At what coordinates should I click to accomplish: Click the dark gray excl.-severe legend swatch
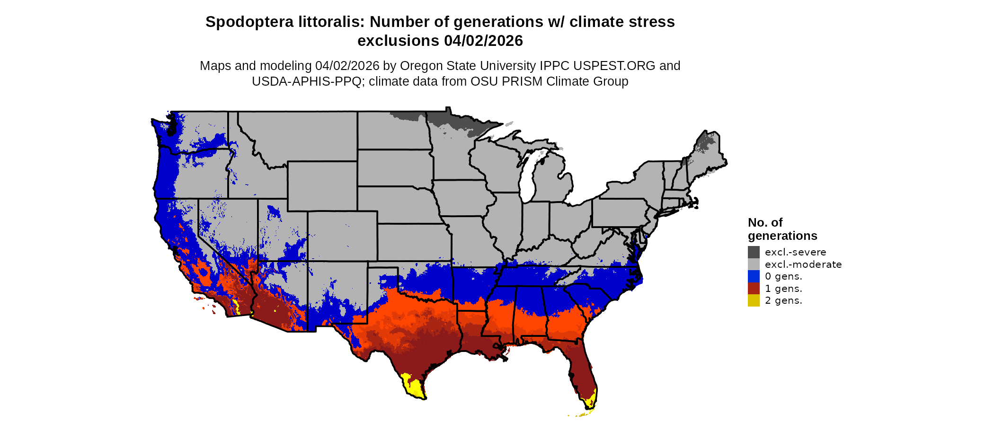[x=754, y=252]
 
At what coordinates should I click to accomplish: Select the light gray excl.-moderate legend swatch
[x=754, y=264]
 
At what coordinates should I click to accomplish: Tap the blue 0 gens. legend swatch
[x=754, y=276]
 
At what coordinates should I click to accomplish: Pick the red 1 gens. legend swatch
[x=754, y=289]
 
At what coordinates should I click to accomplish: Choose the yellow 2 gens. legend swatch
[x=754, y=300]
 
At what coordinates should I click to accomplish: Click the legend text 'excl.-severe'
[x=795, y=252]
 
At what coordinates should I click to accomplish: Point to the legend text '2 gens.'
[x=783, y=300]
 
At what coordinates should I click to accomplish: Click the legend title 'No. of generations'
[x=782, y=229]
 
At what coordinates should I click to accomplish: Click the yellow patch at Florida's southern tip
[x=590, y=403]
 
